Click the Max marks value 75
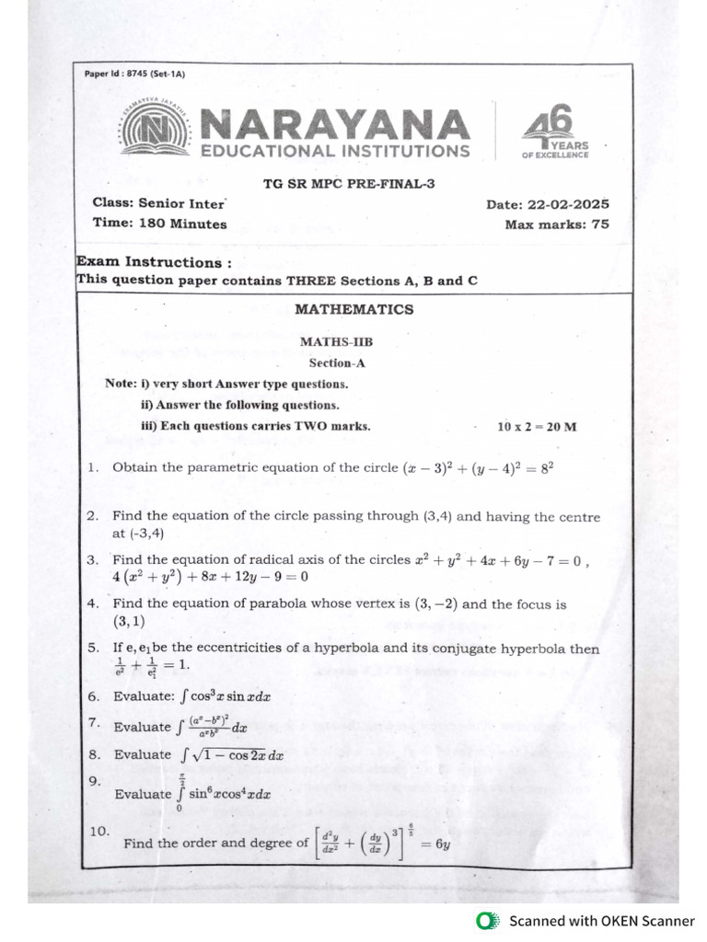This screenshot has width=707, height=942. (599, 224)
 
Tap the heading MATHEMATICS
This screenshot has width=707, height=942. (353, 309)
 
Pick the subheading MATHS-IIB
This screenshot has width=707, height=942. (336, 342)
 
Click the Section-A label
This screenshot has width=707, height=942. (337, 362)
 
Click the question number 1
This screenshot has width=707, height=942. (93, 467)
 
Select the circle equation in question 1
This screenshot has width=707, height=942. (479, 467)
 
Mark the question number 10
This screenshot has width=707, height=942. (99, 831)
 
